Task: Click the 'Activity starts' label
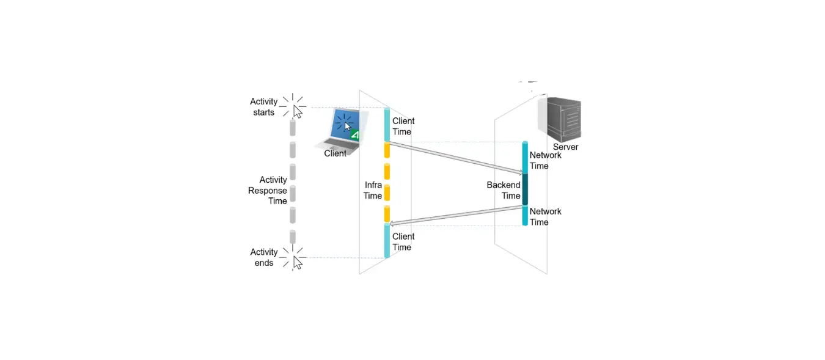pyautogui.click(x=264, y=107)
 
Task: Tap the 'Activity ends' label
pyautogui.click(x=264, y=257)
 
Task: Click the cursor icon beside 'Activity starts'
pyautogui.click(x=298, y=111)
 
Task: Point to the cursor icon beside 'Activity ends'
pyautogui.click(x=298, y=262)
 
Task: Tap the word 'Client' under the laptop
pyautogui.click(x=335, y=153)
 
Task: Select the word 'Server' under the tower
pyautogui.click(x=565, y=147)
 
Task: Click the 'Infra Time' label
pyautogui.click(x=373, y=190)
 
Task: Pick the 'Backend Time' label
pyautogui.click(x=504, y=190)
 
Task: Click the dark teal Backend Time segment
pyautogui.click(x=525, y=189)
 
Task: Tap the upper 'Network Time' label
pyautogui.click(x=546, y=160)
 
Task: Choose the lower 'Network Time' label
pyautogui.click(x=546, y=216)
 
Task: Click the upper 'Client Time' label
pyautogui.click(x=402, y=127)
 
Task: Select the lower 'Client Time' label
pyautogui.click(x=402, y=241)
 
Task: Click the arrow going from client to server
pyautogui.click(x=455, y=158)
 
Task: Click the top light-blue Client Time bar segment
pyautogui.click(x=387, y=125)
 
